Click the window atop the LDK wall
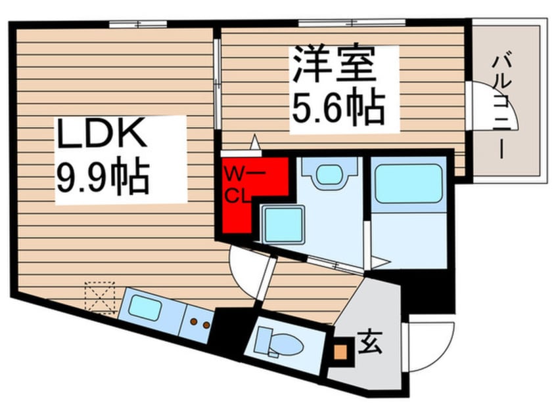click(137, 24)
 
